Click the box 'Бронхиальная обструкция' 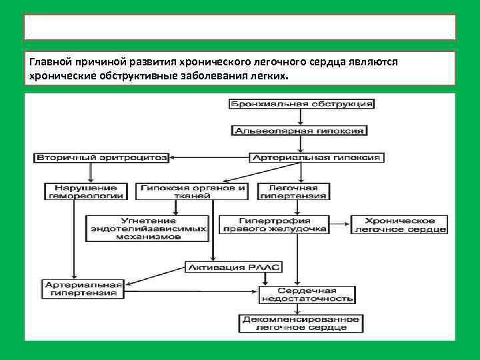pos(301,104)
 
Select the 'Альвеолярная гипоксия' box pos(299,131)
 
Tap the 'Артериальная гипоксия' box pos(316,157)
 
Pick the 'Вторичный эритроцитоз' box pos(101,157)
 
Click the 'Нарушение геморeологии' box pos(85,191)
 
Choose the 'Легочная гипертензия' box pos(293,191)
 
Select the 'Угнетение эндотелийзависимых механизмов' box pos(147,228)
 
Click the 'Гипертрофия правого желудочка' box pos(283,225)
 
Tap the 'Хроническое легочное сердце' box pos(399,225)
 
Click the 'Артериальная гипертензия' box pos(83,288)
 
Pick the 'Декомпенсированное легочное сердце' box pos(301,323)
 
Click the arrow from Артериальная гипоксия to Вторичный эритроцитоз pos(209,157)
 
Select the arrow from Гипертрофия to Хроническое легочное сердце pos(339,225)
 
